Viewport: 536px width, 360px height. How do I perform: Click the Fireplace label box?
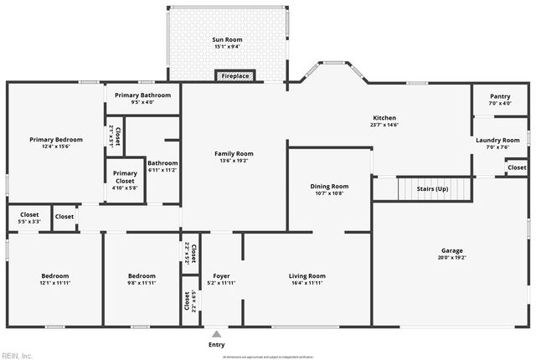click(x=234, y=76)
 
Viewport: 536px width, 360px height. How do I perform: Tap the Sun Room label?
click(x=228, y=39)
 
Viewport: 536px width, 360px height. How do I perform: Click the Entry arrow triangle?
click(x=217, y=334)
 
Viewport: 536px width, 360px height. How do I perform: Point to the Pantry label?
click(x=499, y=97)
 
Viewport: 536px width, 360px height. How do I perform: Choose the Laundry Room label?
click(x=499, y=140)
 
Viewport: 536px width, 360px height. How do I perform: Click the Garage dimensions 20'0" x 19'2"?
click(x=453, y=258)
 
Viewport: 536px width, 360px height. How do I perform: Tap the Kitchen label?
click(x=384, y=118)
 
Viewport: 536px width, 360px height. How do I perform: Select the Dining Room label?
click(x=329, y=186)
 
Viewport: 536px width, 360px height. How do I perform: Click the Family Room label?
click(x=234, y=154)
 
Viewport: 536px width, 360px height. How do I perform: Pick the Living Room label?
click(x=307, y=275)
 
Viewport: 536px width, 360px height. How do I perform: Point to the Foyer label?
click(x=221, y=275)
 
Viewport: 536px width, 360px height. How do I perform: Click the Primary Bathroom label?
click(x=142, y=95)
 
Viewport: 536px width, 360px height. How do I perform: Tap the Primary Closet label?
click(x=125, y=177)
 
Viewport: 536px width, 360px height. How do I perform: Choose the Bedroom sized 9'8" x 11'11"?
click(x=142, y=275)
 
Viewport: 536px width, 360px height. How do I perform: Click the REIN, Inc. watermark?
click(x=17, y=355)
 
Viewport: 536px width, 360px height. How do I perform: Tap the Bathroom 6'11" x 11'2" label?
click(x=162, y=163)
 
